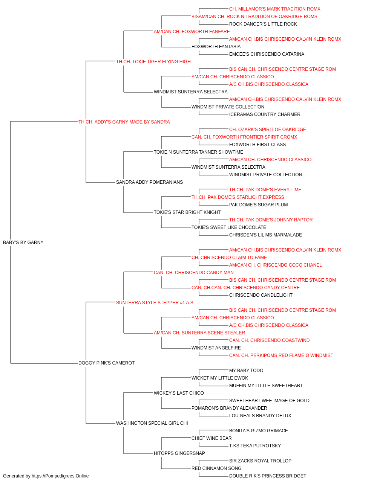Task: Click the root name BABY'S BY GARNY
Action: [23, 243]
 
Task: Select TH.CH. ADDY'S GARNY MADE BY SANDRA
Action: [124, 122]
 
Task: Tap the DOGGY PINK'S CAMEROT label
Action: [107, 363]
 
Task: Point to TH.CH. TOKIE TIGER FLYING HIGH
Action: [153, 62]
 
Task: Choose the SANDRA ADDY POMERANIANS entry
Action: [149, 182]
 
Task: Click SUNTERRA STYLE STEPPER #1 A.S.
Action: [155, 303]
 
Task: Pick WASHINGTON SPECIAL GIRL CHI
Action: [152, 423]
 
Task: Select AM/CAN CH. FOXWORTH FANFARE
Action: [192, 32]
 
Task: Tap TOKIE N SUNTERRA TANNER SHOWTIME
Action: [199, 152]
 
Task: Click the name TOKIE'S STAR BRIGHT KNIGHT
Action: [187, 212]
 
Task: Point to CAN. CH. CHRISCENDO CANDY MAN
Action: [194, 273]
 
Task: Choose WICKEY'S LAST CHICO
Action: [179, 393]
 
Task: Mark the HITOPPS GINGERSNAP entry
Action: [179, 453]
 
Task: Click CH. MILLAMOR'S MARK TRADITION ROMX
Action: [275, 9]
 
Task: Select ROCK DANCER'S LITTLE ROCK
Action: [263, 24]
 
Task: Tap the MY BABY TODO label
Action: [246, 371]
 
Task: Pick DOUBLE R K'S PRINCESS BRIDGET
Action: [268, 476]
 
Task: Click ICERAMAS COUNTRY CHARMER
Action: [265, 114]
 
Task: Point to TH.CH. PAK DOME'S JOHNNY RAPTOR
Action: [271, 220]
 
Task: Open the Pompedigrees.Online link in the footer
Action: [60, 476]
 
